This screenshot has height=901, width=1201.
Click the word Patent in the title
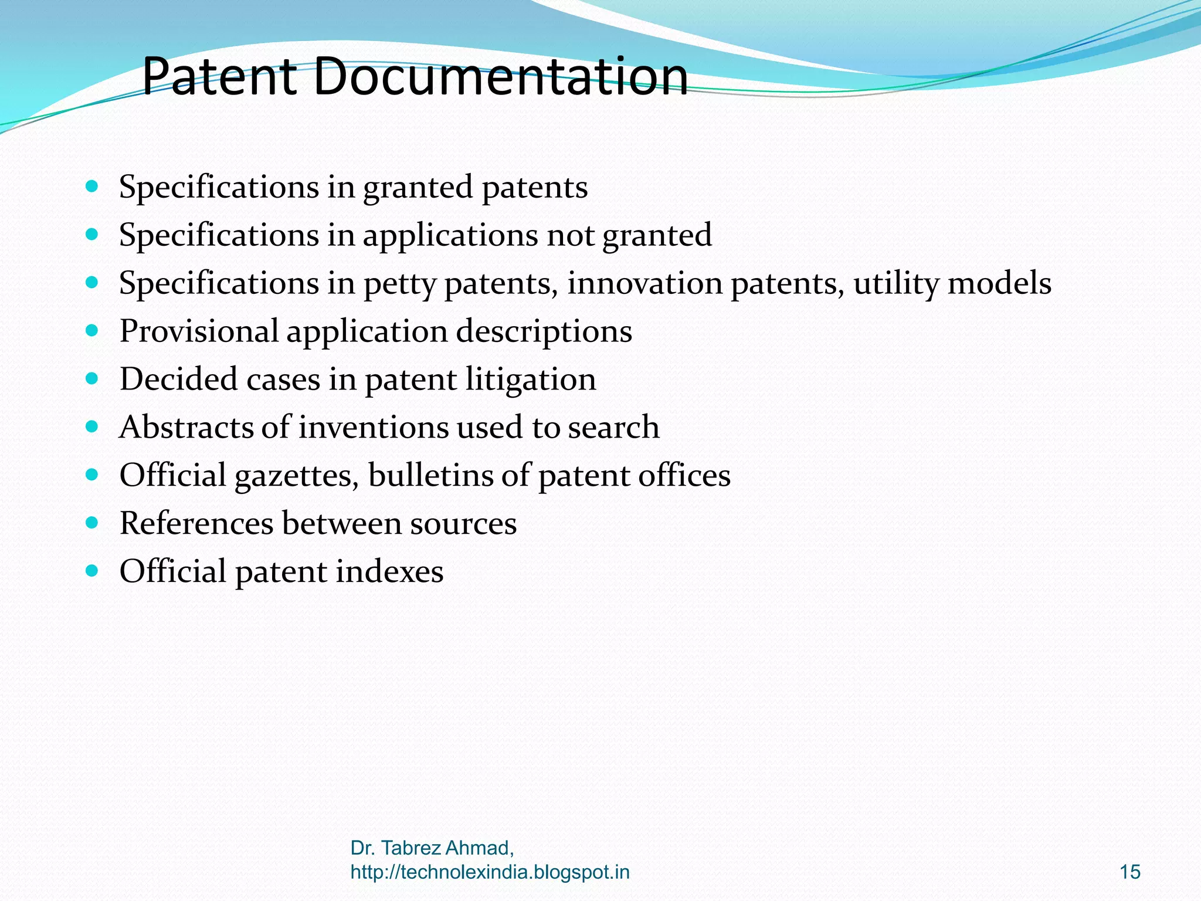point(219,76)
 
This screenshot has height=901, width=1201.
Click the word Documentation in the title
point(501,76)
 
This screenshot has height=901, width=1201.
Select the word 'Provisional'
point(199,332)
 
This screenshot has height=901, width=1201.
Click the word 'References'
point(196,523)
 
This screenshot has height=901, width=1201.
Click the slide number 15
point(1129,872)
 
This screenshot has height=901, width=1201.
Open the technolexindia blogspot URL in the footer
point(490,872)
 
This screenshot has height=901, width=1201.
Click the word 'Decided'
point(179,380)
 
